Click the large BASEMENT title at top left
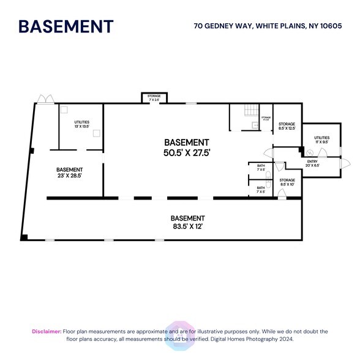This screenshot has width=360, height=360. click(x=66, y=26)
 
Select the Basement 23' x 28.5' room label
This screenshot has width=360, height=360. click(x=70, y=173)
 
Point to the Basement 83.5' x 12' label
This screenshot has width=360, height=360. click(x=187, y=222)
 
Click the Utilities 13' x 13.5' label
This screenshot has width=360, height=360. click(x=81, y=125)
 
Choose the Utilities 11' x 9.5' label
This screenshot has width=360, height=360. click(x=322, y=141)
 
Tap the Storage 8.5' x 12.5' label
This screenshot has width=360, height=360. click(x=287, y=126)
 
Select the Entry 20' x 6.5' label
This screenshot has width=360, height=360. click(x=312, y=163)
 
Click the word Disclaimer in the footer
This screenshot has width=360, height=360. click(x=47, y=331)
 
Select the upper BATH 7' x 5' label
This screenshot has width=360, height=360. click(x=261, y=167)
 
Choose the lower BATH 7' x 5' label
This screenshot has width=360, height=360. click(x=261, y=189)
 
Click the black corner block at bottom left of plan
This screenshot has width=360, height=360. click(x=24, y=237)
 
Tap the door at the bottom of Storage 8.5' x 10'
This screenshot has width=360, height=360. click(x=282, y=194)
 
